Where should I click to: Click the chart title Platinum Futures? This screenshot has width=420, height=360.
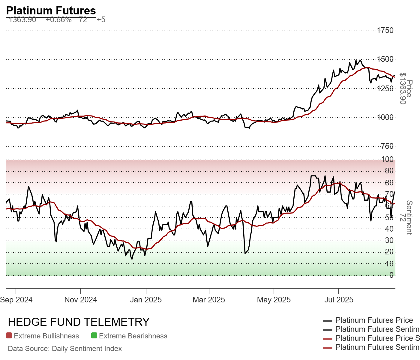pyautogui.click(x=51, y=10)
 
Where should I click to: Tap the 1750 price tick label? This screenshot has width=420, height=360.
pyautogui.click(x=385, y=30)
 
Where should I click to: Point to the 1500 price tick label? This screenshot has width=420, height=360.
pyautogui.click(x=385, y=59)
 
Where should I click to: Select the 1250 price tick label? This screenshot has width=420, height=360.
pyautogui.click(x=385, y=88)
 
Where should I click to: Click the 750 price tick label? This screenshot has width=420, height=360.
pyautogui.click(x=387, y=146)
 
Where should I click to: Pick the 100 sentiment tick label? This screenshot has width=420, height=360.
pyautogui.click(x=388, y=159)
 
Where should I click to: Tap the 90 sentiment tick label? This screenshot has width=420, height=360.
pyautogui.click(x=389, y=171)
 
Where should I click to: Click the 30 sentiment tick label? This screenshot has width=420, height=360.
pyautogui.click(x=389, y=240)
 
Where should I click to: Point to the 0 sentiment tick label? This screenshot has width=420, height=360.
pyautogui.click(x=391, y=275)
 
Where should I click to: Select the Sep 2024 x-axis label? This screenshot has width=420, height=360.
pyautogui.click(x=16, y=300)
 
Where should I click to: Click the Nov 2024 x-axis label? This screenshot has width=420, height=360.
pyautogui.click(x=81, y=300)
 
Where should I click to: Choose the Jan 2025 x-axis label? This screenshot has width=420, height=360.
pyautogui.click(x=146, y=300)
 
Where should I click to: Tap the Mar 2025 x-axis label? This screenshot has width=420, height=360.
pyautogui.click(x=209, y=300)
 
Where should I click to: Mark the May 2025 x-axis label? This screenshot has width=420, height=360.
pyautogui.click(x=274, y=300)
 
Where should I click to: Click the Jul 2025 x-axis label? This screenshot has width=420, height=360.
pyautogui.click(x=339, y=300)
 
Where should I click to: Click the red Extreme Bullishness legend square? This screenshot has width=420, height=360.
pyautogui.click(x=9, y=336)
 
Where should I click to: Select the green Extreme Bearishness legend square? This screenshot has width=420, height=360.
pyautogui.click(x=94, y=336)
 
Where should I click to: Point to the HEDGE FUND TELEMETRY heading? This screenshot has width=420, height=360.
pyautogui.click(x=79, y=322)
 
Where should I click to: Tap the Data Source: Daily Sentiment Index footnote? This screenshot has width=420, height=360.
pyautogui.click(x=65, y=349)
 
